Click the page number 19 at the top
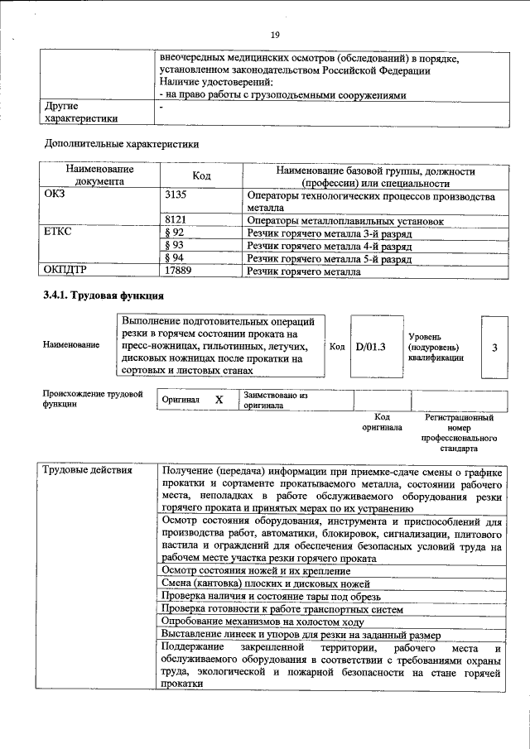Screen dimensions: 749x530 pos(276,34)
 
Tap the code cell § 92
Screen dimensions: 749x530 pos(174,233)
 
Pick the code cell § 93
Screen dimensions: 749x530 pos(174,246)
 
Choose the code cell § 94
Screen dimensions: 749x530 pos(174,258)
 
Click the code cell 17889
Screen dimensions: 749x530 pos(181,271)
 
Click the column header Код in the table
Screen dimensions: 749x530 pos(202,176)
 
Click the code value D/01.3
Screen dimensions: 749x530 pos(370,347)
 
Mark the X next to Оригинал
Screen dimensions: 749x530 pos(219,400)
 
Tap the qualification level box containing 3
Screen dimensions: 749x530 pos(494,347)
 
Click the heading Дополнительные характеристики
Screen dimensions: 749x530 pos(121,143)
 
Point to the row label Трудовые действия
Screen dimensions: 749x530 pos(88,471)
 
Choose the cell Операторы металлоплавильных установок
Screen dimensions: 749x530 pos(345,221)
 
